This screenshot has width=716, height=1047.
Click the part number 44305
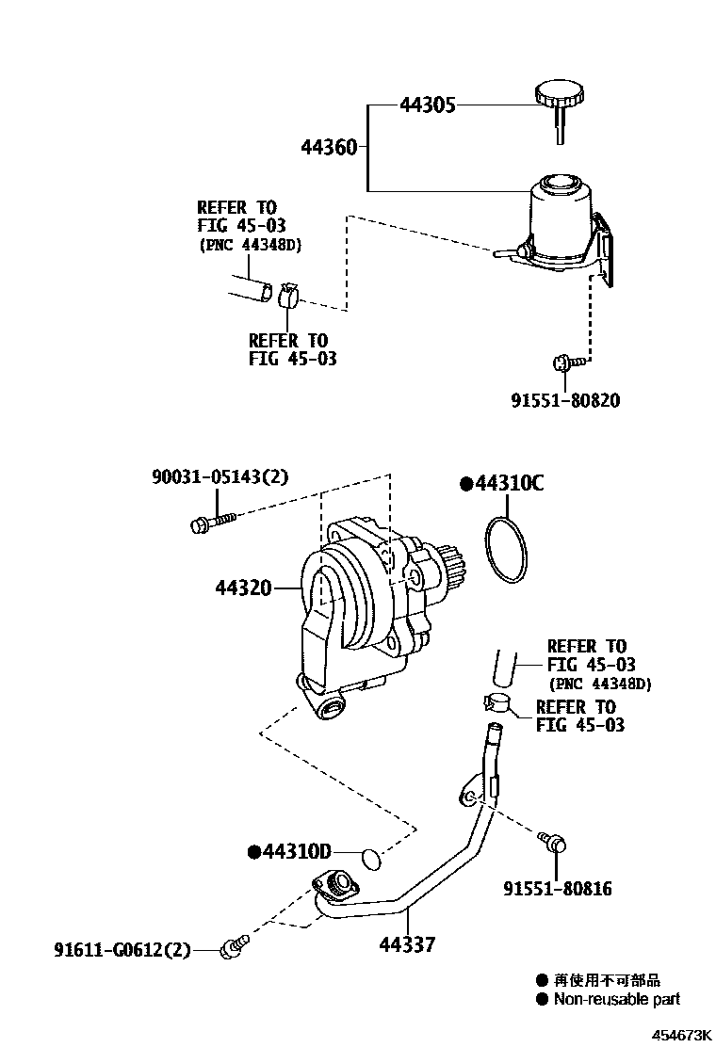pyautogui.click(x=427, y=105)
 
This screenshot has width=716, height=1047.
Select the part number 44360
pyautogui.click(x=329, y=148)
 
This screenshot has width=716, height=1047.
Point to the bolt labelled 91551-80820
pyautogui.click(x=563, y=360)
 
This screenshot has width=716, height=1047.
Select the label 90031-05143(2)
pyautogui.click(x=220, y=477)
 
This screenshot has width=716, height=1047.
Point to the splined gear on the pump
pyautogui.click(x=450, y=573)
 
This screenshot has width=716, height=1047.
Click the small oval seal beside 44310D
pyautogui.click(x=373, y=856)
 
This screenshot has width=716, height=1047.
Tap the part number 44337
pyautogui.click(x=408, y=942)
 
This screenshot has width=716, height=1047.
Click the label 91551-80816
pyautogui.click(x=557, y=888)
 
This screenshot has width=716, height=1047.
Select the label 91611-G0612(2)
pyautogui.click(x=122, y=951)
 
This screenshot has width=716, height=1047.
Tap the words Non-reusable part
pyautogui.click(x=616, y=1000)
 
